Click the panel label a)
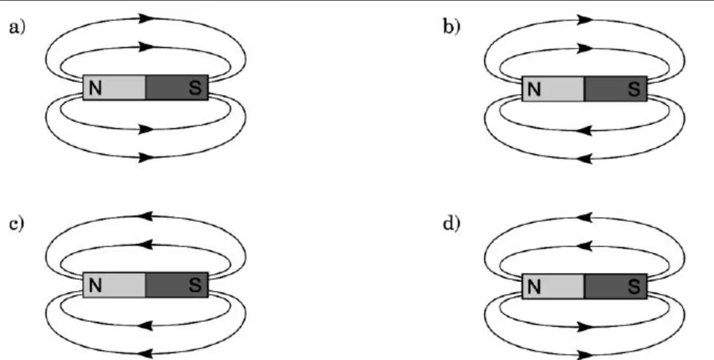17,28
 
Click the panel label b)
452,28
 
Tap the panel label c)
17,224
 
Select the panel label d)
452,224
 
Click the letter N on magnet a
95,88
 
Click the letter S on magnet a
195,88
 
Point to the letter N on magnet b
534,89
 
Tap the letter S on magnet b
634,89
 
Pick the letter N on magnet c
95,285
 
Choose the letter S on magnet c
195,285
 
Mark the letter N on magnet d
534,287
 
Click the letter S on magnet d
634,287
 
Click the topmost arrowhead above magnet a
147,19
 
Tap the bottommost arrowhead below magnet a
147,158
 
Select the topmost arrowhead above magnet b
585,20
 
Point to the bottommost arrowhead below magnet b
585,159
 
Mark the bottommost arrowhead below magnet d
585,355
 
